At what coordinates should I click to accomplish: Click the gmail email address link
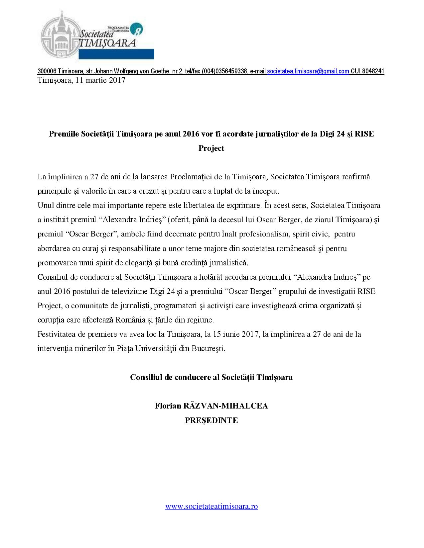tap(308, 71)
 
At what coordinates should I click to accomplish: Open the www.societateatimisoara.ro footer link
tap(212, 506)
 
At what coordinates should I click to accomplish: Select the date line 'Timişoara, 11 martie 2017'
tap(81, 80)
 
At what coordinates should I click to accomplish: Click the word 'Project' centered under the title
tap(212, 148)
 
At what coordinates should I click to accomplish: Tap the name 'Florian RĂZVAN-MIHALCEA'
tap(212, 406)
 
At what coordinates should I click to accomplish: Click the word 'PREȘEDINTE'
tap(212, 420)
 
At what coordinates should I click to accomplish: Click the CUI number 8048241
tap(372, 71)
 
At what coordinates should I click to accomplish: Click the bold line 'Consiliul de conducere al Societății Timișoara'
tap(212, 377)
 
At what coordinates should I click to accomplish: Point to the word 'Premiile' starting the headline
tap(64, 134)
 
